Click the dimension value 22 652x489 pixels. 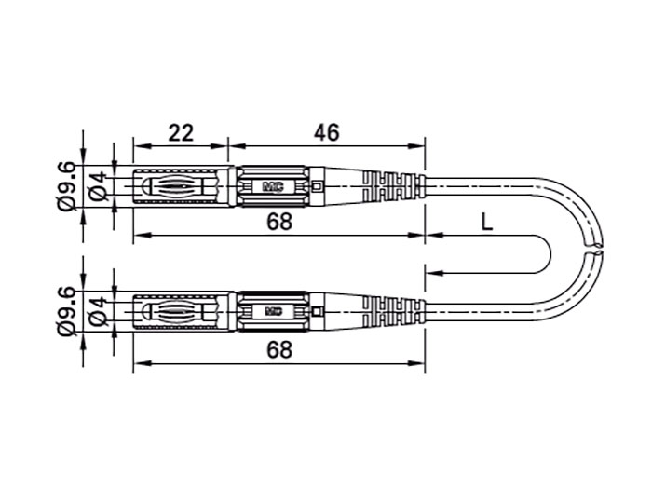(x=181, y=132)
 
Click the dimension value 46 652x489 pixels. (x=325, y=132)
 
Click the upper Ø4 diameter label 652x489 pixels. (x=99, y=187)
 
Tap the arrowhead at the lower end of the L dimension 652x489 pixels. (x=430, y=272)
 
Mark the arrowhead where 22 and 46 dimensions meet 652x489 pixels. (x=228, y=146)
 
